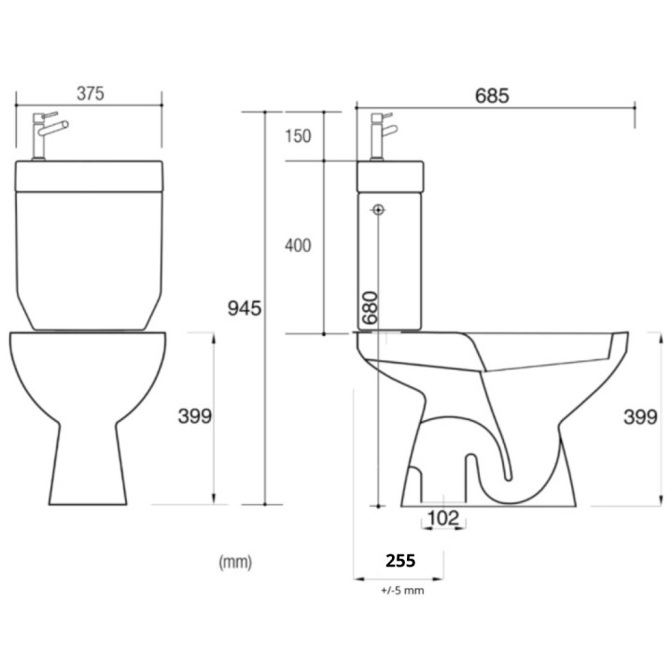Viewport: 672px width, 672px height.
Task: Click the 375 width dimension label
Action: click(x=91, y=93)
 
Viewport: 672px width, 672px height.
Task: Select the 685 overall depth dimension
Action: click(x=492, y=96)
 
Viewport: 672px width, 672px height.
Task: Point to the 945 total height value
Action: click(x=245, y=309)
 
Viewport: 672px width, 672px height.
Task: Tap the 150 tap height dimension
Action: click(x=299, y=136)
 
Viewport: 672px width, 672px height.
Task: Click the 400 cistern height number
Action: click(x=298, y=245)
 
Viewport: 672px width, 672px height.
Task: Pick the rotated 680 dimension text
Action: click(x=370, y=308)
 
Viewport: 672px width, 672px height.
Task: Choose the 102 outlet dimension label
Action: click(x=443, y=518)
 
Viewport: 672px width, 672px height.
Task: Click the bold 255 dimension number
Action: click(x=400, y=561)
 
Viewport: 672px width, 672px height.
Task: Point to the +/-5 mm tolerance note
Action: click(x=402, y=591)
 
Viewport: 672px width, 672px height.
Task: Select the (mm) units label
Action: click(x=235, y=562)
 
